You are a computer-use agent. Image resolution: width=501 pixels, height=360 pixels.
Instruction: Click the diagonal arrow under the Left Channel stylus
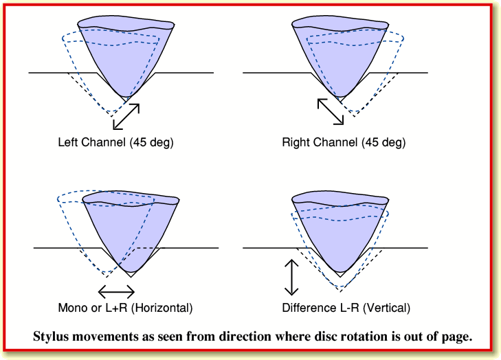click(x=126, y=116)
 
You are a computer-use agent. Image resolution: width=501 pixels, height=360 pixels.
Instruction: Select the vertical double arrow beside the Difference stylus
click(x=292, y=278)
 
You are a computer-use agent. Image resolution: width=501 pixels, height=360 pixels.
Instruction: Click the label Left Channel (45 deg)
click(x=115, y=143)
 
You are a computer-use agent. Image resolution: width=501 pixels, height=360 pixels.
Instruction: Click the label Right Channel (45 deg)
click(x=343, y=143)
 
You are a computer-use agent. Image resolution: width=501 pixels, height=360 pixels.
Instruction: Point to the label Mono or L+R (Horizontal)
click(x=125, y=307)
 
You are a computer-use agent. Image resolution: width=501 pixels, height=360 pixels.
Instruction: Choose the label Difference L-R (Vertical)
click(x=346, y=307)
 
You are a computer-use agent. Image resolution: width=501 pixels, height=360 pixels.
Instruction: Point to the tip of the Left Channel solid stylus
click(x=124, y=95)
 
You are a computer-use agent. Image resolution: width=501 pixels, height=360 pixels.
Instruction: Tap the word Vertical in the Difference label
click(x=388, y=307)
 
